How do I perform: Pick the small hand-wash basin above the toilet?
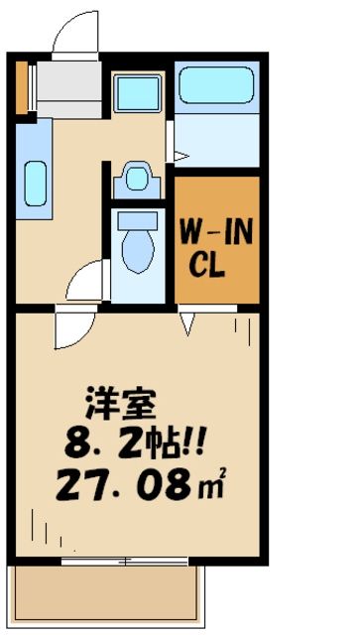tap(136, 181)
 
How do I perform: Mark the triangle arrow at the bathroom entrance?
tap(181, 156)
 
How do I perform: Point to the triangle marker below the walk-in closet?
tap(185, 319)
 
